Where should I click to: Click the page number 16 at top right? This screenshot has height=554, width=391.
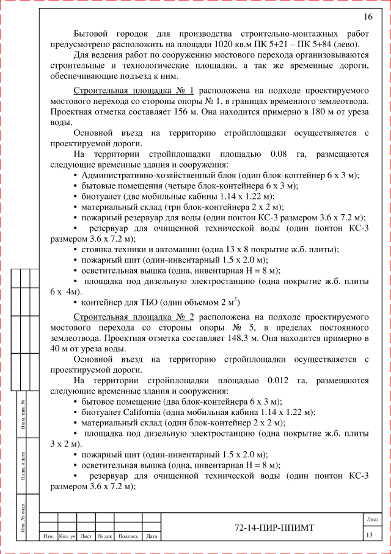(x=368, y=17)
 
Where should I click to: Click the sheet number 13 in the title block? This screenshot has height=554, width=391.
(x=369, y=536)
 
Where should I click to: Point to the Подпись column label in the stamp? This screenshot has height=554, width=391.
(x=128, y=537)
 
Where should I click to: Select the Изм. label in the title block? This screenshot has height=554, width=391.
(x=48, y=537)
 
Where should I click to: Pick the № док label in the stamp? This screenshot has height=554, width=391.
(x=103, y=537)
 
